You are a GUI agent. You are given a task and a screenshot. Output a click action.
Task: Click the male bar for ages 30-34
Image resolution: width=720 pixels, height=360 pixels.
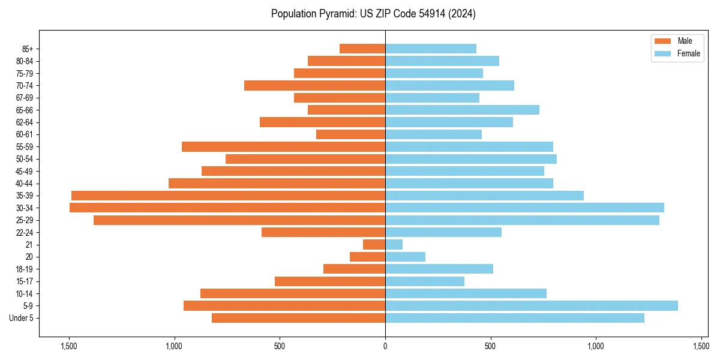[227, 208]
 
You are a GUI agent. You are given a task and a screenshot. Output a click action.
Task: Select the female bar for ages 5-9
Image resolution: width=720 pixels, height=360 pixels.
[532, 305]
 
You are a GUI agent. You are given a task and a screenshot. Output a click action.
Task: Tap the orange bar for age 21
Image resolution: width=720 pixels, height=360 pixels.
[374, 244]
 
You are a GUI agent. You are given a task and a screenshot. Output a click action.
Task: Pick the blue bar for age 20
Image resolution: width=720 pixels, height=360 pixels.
[405, 257]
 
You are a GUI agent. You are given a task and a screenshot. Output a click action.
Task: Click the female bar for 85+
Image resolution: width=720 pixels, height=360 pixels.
[431, 49]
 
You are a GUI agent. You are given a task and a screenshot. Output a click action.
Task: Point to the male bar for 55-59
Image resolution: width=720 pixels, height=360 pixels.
[283, 146]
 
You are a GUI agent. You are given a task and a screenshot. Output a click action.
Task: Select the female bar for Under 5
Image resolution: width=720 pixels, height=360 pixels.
[515, 318]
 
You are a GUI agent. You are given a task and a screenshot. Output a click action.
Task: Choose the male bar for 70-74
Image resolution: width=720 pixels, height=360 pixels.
[314, 85]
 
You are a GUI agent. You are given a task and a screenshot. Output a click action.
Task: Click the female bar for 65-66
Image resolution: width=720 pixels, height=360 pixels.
[462, 110]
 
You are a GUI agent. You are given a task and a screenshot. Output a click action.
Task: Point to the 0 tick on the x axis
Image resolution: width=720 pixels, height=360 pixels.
[385, 346]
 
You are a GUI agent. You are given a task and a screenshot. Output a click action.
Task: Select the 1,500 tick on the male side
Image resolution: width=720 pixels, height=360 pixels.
[69, 346]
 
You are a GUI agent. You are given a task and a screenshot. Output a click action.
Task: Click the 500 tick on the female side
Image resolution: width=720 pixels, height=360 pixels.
[490, 346]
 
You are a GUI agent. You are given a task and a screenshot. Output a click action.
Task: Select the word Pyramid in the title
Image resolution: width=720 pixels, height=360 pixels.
[329, 14]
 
